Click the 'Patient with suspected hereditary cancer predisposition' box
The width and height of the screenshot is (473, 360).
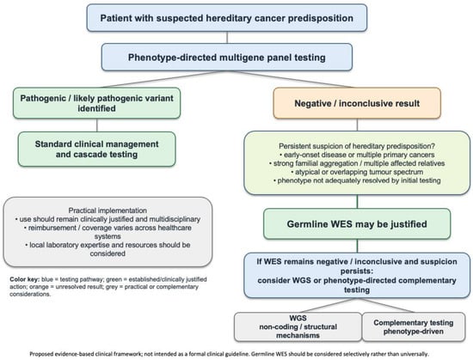pyautogui.click(x=227, y=18)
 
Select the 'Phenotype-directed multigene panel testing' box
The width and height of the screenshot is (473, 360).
pyautogui.click(x=227, y=58)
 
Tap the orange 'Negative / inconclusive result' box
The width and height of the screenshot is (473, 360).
pyautogui.click(x=357, y=103)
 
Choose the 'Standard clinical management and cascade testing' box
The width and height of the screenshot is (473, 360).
pyautogui.click(x=96, y=149)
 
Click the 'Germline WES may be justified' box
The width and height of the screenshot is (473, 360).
pyautogui.click(x=357, y=224)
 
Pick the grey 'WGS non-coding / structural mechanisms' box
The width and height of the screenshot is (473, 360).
pyautogui.click(x=298, y=326)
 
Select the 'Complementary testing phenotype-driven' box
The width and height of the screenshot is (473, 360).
pyautogui.click(x=414, y=326)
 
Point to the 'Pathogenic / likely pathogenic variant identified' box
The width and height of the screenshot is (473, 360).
pyautogui.click(x=96, y=103)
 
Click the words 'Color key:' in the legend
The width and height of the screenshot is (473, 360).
pyautogui.click(x=24, y=279)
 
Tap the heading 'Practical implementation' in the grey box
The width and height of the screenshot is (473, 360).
pyautogui.click(x=107, y=211)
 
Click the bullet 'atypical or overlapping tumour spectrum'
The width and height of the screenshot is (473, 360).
pyautogui.click(x=357, y=172)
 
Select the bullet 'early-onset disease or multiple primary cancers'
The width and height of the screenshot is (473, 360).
pyautogui.click(x=357, y=155)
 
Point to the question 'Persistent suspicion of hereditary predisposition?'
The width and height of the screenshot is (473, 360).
pyautogui.click(x=357, y=146)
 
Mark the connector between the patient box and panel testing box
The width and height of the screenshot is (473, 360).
pyautogui.click(x=227, y=37)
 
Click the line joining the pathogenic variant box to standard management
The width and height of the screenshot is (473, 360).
pyautogui.click(x=97, y=125)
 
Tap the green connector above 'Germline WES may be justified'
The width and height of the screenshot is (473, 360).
pyautogui.click(x=357, y=202)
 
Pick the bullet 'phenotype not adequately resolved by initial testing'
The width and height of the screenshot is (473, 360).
pyautogui.click(x=357, y=180)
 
